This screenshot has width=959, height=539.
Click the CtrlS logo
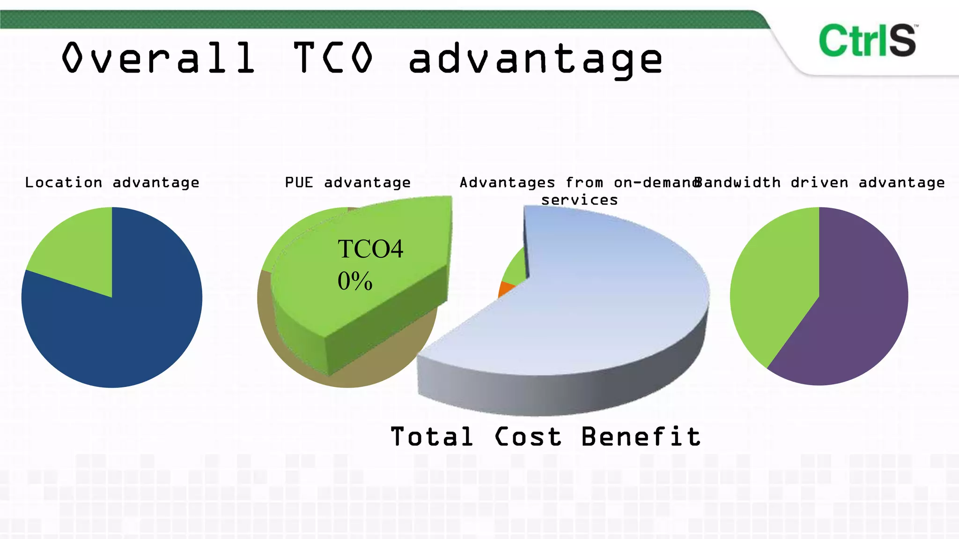click(868, 41)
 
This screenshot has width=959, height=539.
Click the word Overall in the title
click(158, 58)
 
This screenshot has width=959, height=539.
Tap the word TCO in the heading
click(333, 58)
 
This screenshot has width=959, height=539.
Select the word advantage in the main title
click(535, 60)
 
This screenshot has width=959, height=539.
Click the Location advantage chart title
click(112, 182)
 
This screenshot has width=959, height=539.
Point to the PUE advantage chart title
click(347, 182)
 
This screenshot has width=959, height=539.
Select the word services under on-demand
click(579, 200)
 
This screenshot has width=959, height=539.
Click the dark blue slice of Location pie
click(122, 328)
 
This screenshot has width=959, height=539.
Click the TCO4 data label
click(370, 249)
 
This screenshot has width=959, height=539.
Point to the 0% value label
click(355, 281)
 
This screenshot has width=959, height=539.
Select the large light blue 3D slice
click(609, 304)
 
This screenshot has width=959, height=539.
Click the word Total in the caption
click(431, 437)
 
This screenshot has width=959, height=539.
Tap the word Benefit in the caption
click(641, 437)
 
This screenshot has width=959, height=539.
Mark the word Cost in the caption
click(528, 437)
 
